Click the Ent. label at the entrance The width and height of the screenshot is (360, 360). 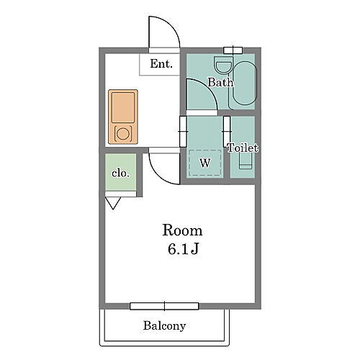pos(161,64)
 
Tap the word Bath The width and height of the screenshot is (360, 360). pos(220,82)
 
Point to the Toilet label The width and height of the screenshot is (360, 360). pos(243,148)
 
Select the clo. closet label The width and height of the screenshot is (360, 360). pos(120,173)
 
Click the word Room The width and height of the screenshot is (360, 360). pos(182,230)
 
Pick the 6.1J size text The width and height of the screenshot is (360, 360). pos(183,249)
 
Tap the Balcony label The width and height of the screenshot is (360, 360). pos(164,326)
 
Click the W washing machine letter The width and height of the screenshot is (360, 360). pos(205,163)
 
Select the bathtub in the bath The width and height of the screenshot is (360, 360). pos(245,83)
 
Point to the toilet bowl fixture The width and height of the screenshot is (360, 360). pos(246,161)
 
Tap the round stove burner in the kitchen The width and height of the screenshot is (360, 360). pos(123,133)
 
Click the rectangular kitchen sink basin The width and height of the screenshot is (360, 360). pos(123,107)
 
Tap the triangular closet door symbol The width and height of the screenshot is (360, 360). pos(113,203)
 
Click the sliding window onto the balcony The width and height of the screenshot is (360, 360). pos(164,306)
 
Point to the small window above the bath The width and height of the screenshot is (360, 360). pos(233,50)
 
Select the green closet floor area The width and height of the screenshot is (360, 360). pos(120,172)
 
